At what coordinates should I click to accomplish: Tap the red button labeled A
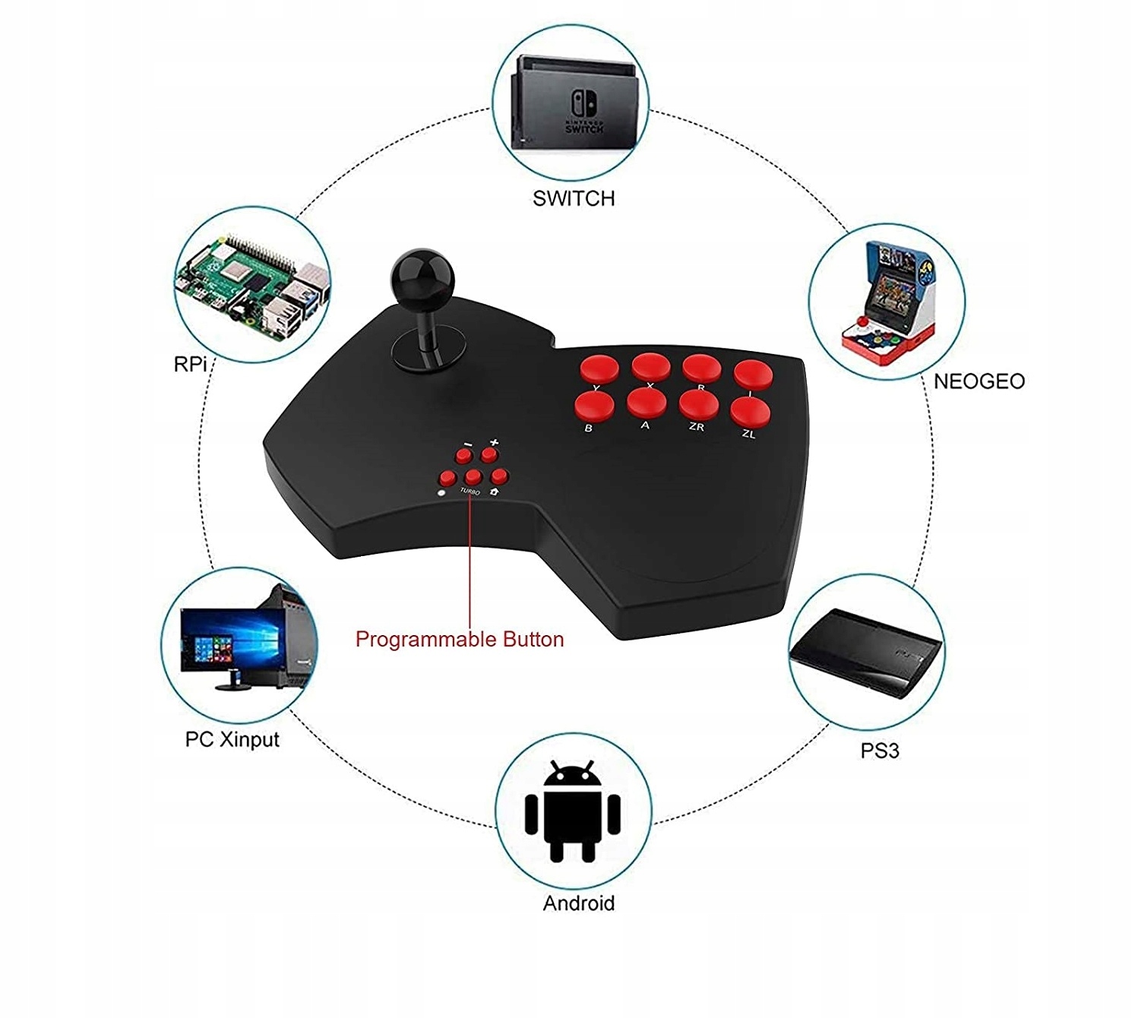pyautogui.click(x=647, y=402)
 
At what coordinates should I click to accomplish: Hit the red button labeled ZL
pyautogui.click(x=751, y=411)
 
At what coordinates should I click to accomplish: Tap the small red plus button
pyautogui.click(x=489, y=455)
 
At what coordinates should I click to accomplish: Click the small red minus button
pyautogui.click(x=464, y=456)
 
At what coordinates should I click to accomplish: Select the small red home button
pyautogui.click(x=498, y=476)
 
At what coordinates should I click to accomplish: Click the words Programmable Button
pyautogui.click(x=460, y=639)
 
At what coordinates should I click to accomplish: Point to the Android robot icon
pyautogui.click(x=573, y=811)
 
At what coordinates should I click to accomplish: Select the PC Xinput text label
pyautogui.click(x=232, y=739)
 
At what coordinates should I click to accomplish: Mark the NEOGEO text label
pyautogui.click(x=979, y=381)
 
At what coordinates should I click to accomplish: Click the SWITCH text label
pyautogui.click(x=574, y=199)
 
